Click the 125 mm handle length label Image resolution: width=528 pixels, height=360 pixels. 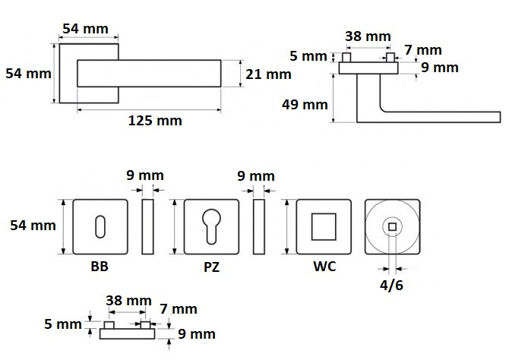pos(155,121)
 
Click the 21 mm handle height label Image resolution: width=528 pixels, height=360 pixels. pos(268,74)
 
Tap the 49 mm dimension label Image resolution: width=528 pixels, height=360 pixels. pos(305,105)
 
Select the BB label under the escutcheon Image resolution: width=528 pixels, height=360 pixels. pos(100,267)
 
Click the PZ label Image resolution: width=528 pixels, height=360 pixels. pos(212,267)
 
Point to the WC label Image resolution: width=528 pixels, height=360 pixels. pos(324,267)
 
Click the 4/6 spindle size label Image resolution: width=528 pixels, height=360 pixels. pos(391,286)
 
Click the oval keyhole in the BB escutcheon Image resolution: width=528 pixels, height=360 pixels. pos(100,226)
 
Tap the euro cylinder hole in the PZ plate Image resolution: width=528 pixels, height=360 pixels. pos(211,226)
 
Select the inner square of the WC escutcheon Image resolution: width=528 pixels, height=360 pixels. pos(324,226)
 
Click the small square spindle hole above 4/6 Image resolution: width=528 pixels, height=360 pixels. pos(392,226)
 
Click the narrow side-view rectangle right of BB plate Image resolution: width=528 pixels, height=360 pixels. pos(147,226)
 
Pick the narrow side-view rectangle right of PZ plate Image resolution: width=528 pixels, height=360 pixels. pos(258,226)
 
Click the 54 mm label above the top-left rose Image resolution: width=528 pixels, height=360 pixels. pos(86,29)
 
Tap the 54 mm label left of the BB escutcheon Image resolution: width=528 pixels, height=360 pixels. pos(33,226)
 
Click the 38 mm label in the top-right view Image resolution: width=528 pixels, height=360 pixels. pos(368,36)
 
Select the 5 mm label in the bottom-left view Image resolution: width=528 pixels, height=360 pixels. pos(63,324)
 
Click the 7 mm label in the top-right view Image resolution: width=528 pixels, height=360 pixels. pos(423,50)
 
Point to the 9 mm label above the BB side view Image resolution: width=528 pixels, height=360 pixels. pos(145,175)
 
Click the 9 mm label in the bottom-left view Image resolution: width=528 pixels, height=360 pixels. pos(197,334)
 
